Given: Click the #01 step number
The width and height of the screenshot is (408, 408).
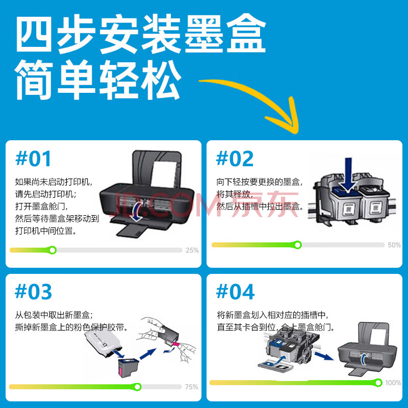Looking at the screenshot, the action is (x=33, y=159).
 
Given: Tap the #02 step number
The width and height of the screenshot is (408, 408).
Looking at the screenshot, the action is (x=235, y=159).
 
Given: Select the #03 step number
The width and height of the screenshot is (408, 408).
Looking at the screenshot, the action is (x=33, y=291).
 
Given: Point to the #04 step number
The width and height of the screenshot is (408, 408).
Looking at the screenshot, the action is (x=235, y=291).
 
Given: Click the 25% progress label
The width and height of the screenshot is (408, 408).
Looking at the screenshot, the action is (x=192, y=250).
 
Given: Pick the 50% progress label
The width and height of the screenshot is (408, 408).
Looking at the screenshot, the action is (x=394, y=245).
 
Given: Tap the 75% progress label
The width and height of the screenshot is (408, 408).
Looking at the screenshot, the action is (x=192, y=387).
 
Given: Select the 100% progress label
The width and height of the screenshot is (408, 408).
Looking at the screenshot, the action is (x=393, y=383).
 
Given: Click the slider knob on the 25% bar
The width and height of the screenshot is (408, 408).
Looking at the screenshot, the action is (x=53, y=250).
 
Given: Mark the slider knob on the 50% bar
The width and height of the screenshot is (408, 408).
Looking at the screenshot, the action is (x=298, y=245).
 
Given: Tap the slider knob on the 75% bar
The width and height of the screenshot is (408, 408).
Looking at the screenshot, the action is (x=137, y=387).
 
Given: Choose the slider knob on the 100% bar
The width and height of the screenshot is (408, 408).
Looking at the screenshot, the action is (x=378, y=382).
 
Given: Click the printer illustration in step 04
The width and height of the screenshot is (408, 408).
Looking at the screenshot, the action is (x=367, y=349).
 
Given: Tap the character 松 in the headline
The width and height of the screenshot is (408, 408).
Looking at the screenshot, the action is (x=161, y=80).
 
